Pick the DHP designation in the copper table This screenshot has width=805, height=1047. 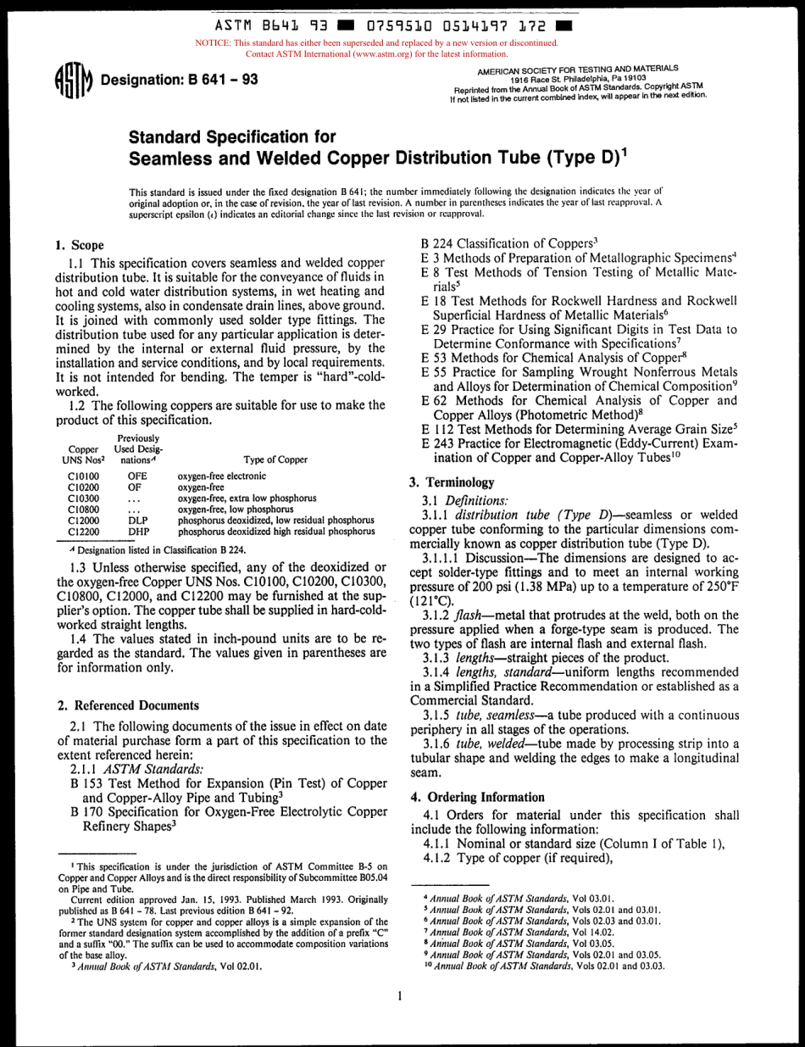coord(138,532)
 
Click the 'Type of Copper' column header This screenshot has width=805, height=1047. coord(275,459)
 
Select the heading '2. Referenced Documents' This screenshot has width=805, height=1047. coord(128,704)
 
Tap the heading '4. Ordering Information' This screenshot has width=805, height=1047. coord(477,797)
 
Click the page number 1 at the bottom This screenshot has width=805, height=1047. coord(398,997)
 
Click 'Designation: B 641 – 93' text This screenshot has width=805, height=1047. coord(179,81)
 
